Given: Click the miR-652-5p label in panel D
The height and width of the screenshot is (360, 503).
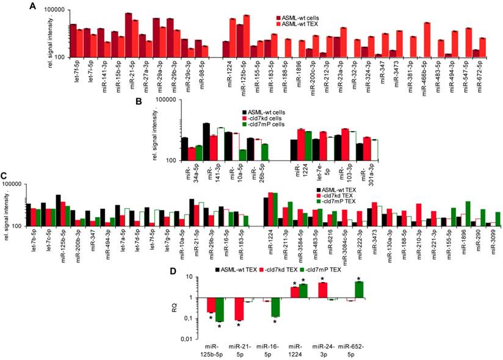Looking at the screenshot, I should pyautogui.click(x=353, y=350).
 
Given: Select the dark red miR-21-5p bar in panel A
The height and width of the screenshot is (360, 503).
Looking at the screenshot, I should pyautogui.click(x=129, y=35).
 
